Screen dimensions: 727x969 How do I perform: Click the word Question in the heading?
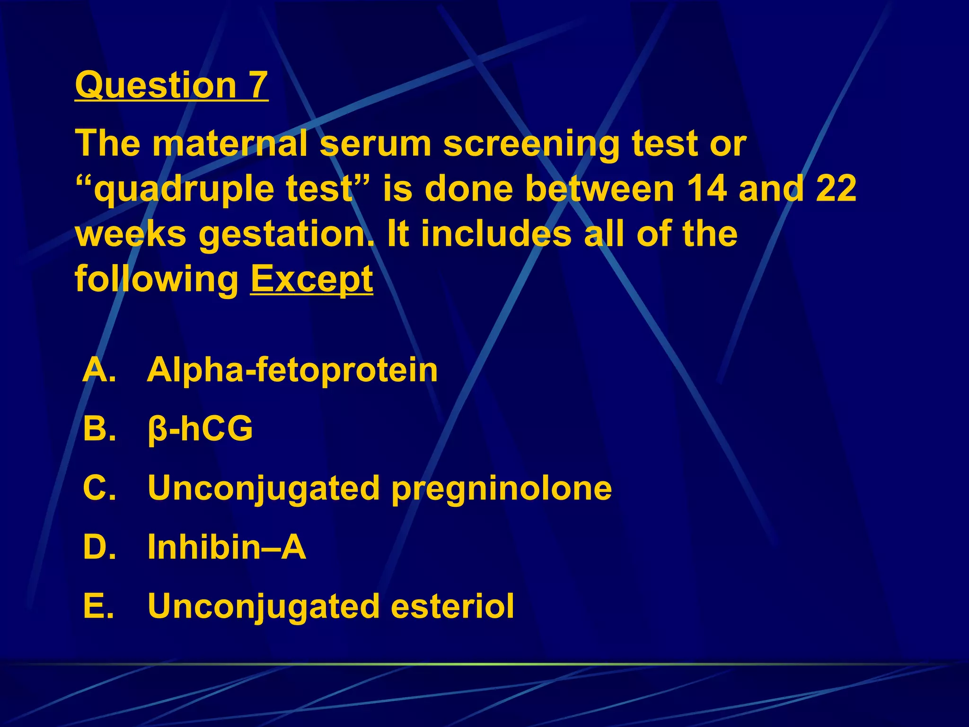[156, 85]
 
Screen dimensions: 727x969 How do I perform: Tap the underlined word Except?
[311, 279]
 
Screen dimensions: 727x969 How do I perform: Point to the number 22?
[836, 188]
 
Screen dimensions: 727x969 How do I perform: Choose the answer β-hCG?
[200, 429]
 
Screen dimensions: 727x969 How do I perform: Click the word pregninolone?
[502, 488]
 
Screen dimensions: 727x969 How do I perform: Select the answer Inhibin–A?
[227, 547]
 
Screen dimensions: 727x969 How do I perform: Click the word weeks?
[131, 234]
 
